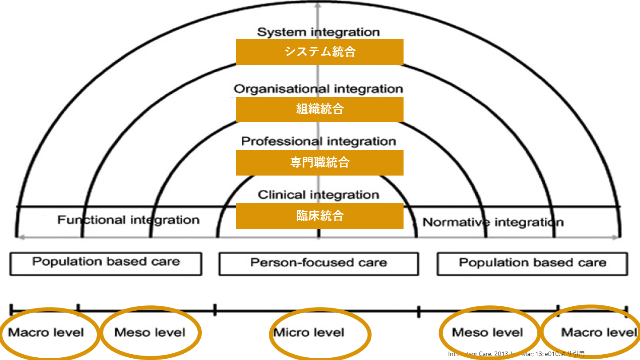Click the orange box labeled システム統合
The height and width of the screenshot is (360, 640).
click(320, 52)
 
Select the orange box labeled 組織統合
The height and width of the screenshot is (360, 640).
click(320, 109)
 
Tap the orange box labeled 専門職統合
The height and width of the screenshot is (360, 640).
click(320, 162)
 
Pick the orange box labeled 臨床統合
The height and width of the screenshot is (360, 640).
click(320, 216)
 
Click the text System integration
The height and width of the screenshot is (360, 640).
click(319, 32)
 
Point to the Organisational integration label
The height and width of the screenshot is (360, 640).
click(319, 89)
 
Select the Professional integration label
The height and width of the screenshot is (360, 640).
click(319, 142)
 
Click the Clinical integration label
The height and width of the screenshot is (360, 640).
click(319, 195)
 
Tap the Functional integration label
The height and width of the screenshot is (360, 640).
click(128, 220)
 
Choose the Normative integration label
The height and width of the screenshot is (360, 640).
click(493, 222)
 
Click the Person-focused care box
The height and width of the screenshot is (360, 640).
click(318, 263)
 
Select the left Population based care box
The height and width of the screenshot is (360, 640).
click(106, 263)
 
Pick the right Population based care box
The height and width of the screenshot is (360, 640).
click(532, 263)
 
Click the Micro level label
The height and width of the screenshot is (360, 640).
click(309, 332)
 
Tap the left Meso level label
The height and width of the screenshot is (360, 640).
click(150, 332)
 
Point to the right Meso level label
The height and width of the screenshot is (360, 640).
click(488, 332)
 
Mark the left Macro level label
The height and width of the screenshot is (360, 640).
click(46, 332)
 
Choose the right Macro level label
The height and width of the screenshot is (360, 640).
click(599, 332)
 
